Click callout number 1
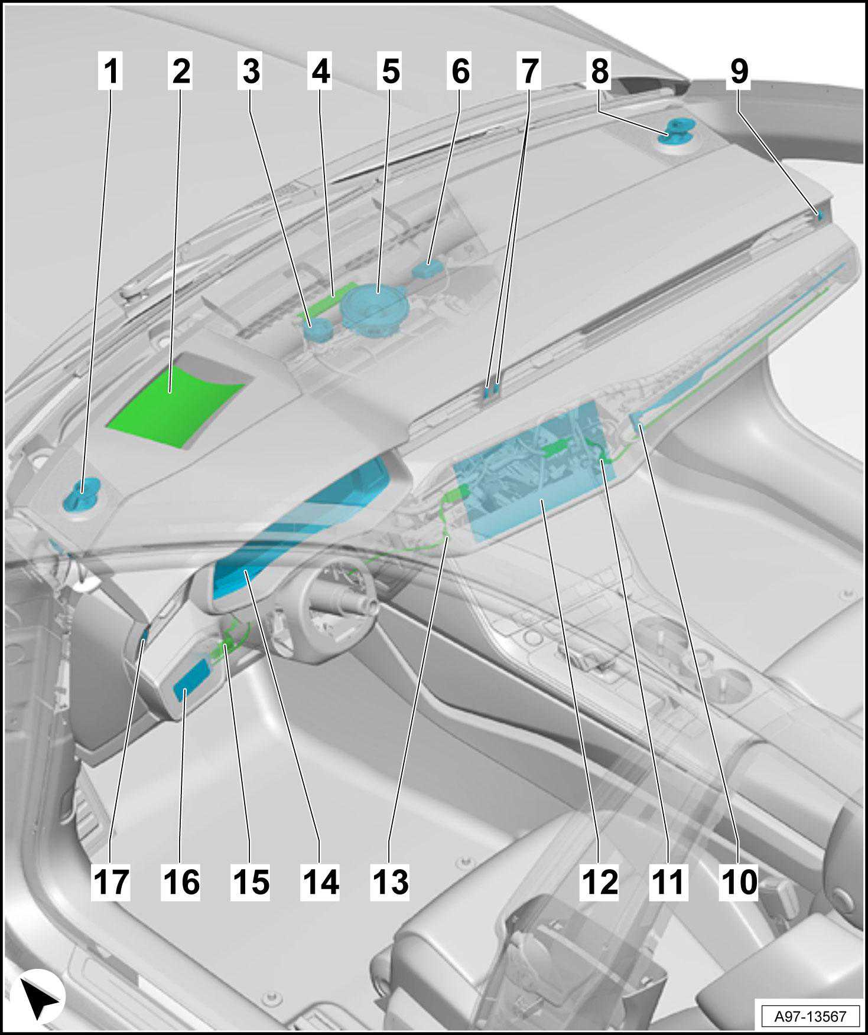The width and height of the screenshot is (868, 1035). click(111, 71)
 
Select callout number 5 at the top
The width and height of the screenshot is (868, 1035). click(391, 71)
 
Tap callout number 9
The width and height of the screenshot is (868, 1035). click(739, 71)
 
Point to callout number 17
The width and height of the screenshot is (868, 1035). click(110, 882)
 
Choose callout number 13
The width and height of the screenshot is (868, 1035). click(390, 882)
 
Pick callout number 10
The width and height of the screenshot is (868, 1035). click(739, 882)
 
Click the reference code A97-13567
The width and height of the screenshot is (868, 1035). click(810, 1016)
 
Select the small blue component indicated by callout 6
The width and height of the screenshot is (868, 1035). click(429, 269)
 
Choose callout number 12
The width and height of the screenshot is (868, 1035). click(599, 882)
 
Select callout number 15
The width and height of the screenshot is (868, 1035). click(251, 882)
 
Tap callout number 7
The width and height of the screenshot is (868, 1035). click(530, 71)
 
